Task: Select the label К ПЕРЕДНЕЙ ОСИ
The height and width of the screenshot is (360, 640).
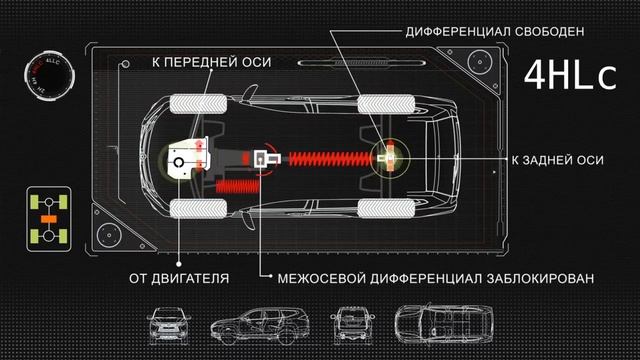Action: [x=210, y=62]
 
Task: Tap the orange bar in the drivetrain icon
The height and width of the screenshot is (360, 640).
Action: [x=46, y=217]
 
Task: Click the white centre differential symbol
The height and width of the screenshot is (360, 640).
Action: [x=266, y=159]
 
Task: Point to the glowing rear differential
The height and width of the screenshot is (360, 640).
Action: [x=387, y=156]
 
